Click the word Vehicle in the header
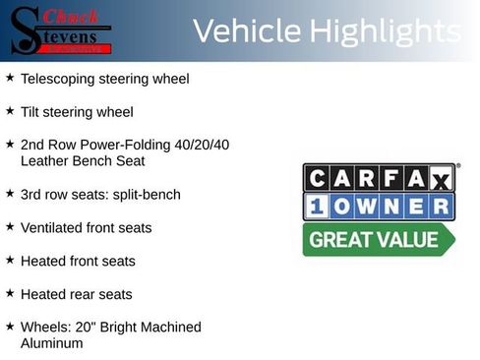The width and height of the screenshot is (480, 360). point(246,31)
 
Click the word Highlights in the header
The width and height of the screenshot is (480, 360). point(385,31)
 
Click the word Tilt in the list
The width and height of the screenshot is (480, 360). point(30,112)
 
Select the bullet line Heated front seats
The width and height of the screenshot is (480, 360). point(78,262)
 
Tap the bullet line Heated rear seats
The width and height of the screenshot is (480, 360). point(76,294)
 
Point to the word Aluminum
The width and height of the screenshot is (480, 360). point(52,343)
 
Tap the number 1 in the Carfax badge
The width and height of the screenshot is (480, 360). point(317,207)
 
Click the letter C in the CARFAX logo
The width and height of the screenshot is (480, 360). point(317,178)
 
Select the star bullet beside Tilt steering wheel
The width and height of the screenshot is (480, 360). point(10,111)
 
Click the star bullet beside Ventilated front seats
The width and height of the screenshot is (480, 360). point(10,227)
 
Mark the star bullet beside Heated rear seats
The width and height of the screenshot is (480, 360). point(10,293)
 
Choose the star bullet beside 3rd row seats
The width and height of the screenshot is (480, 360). point(10,194)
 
